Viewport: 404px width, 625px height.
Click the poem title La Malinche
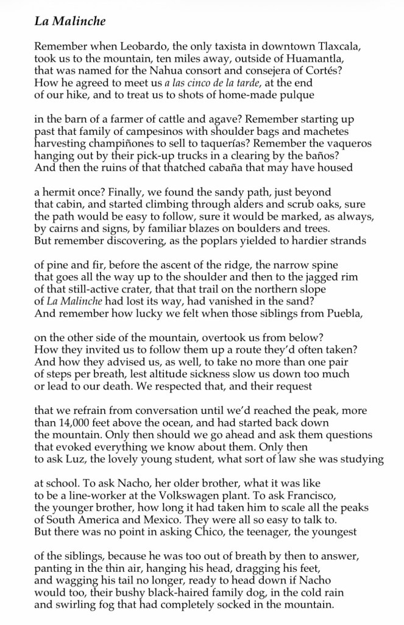coord(70,22)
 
